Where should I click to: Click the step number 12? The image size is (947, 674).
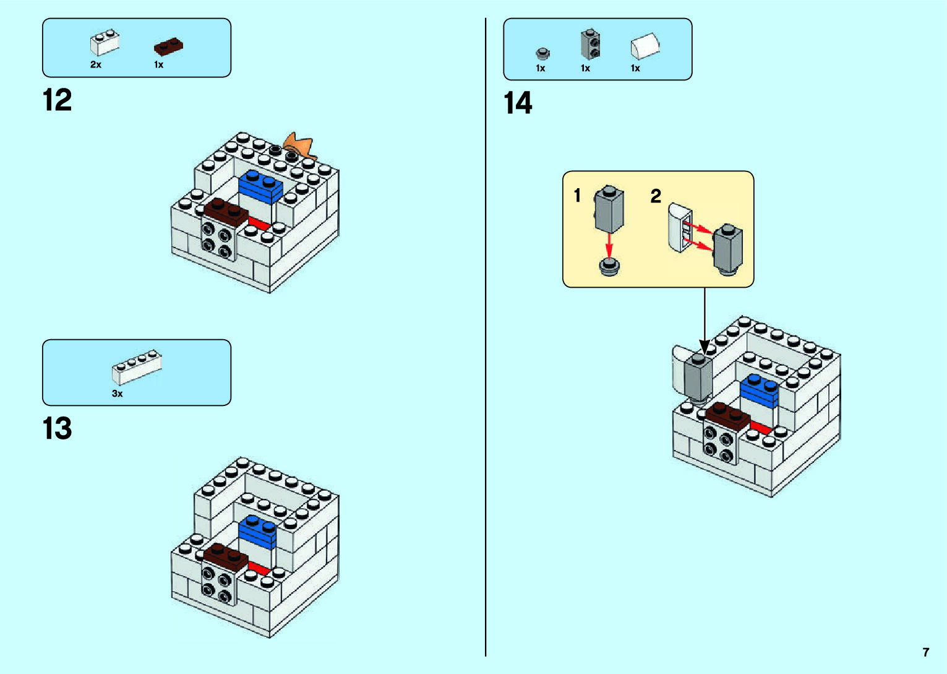58,100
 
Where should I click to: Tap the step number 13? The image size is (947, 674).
58,428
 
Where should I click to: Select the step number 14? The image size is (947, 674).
518,103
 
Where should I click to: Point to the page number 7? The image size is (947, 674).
925,652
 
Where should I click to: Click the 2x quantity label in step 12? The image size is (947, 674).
96,64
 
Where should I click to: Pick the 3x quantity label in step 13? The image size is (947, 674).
117,394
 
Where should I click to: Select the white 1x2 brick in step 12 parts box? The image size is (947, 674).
105,43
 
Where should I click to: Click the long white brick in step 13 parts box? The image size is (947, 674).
137,367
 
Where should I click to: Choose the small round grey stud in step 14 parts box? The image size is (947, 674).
542,53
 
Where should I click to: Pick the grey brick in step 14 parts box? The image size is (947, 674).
590,44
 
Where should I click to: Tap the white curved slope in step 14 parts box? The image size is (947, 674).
645,46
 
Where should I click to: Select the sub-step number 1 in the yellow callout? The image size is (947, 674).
577,196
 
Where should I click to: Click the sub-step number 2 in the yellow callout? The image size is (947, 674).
656,196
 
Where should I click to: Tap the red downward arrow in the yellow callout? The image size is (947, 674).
609,244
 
